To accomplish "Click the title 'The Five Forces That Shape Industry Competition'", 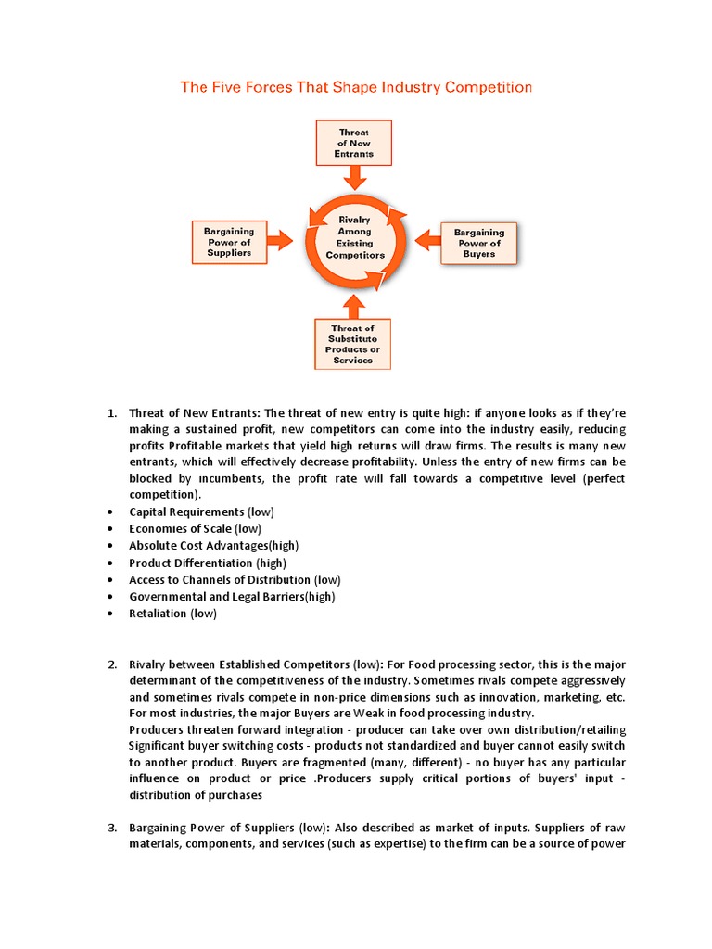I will [x=356, y=88].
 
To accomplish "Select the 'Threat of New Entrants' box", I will [x=354, y=143].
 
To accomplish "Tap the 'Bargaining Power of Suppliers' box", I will [x=228, y=241].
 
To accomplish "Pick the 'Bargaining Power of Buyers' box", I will [x=479, y=243].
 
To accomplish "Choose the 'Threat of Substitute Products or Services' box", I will [x=353, y=344].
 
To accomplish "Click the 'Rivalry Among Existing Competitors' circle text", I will [x=355, y=236].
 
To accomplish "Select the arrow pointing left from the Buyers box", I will [x=427, y=241].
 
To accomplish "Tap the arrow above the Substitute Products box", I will [x=354, y=305].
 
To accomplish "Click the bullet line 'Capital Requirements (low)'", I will [x=201, y=512].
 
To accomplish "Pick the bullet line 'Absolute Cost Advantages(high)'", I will [x=213, y=545].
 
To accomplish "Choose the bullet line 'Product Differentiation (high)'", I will [x=208, y=563].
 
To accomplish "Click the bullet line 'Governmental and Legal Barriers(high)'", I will [x=232, y=596].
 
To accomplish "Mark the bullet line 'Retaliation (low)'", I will [x=172, y=614].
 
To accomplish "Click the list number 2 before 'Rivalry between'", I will [x=111, y=664].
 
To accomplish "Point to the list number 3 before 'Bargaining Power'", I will [x=111, y=827].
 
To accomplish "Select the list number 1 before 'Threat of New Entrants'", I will [x=111, y=411].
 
